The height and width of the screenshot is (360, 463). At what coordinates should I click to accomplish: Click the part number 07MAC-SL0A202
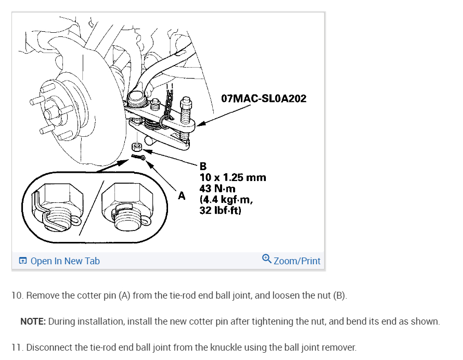pos(264,98)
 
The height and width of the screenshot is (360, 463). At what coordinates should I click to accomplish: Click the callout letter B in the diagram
pos(203,166)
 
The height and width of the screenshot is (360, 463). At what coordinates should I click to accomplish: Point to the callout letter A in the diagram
pos(182,196)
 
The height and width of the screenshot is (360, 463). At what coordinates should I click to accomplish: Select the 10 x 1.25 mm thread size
pos(233,177)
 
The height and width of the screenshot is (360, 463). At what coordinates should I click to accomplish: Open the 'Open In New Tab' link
pos(65,261)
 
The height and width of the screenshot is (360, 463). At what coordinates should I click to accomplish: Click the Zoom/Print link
pos(297,261)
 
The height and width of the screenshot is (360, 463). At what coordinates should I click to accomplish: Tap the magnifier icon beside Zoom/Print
pos(267,259)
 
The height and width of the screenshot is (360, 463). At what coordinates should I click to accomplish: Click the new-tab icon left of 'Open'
pos(22,261)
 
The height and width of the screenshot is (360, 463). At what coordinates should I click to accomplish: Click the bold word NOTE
pos(33,322)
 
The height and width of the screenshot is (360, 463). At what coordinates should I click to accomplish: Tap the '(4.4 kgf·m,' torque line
pos(226,199)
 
